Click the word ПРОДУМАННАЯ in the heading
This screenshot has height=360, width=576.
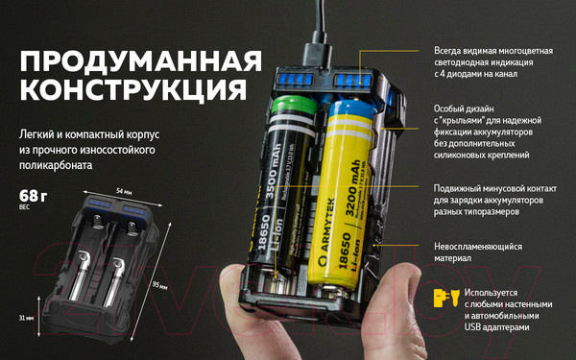click(x=140, y=60)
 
